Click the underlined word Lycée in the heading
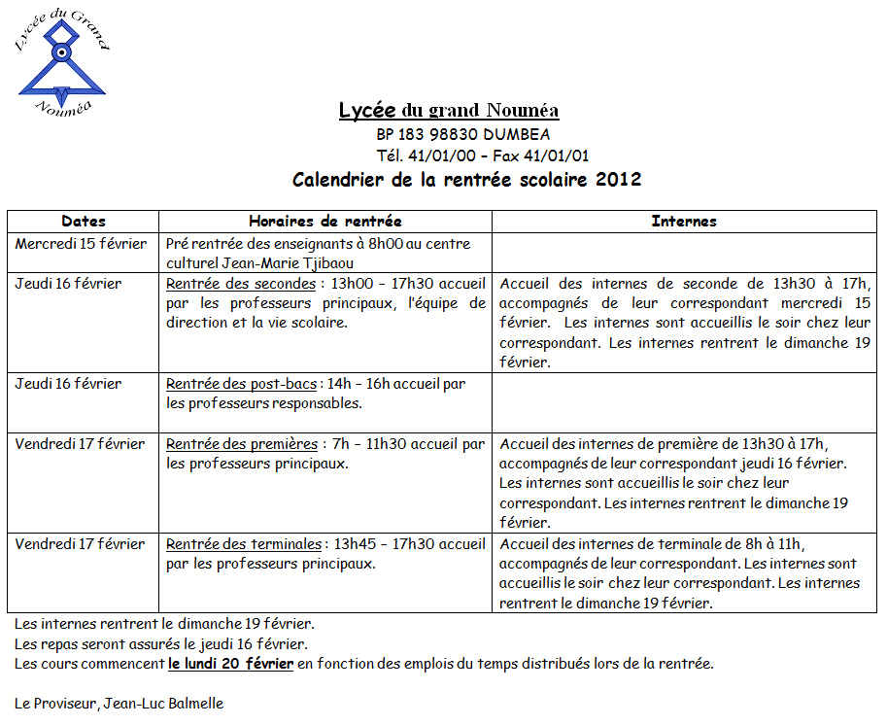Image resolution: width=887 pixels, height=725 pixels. tap(367, 111)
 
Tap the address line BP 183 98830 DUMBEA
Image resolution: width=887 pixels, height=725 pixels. tap(462, 135)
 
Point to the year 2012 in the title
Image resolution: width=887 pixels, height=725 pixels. tap(619, 180)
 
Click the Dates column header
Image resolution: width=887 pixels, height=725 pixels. tap(84, 222)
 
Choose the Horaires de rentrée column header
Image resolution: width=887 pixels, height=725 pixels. tap(324, 222)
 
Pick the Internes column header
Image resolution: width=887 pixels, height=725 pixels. tap(684, 222)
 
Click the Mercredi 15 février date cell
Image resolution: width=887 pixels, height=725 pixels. tap(81, 243)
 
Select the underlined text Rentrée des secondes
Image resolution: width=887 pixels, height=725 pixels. tap(241, 284)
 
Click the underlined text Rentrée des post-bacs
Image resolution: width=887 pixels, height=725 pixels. tap(240, 384)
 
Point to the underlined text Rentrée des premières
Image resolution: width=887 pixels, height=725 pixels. tap(242, 444)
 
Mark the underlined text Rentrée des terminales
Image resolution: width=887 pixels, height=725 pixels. tap(243, 544)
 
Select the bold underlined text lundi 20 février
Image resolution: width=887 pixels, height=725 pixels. tap(230, 665)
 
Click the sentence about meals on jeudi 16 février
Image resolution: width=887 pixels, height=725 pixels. tap(161, 644)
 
